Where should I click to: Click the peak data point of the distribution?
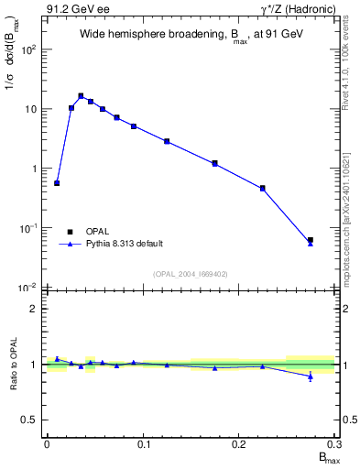(81, 95)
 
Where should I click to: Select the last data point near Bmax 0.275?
(311, 240)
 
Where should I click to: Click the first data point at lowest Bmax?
(57, 183)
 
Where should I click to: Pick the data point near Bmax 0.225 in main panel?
(262, 188)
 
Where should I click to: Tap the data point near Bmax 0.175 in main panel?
(214, 163)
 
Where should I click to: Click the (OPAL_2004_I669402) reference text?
(190, 273)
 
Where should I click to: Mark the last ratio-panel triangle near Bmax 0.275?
(311, 376)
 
